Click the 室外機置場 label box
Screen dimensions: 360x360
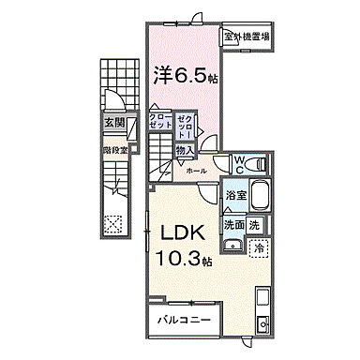click(x=246, y=37)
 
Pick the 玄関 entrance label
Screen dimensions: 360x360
click(x=112, y=122)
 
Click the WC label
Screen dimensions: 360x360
click(x=240, y=164)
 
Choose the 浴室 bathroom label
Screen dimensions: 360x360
click(x=235, y=196)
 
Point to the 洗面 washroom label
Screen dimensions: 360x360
click(x=234, y=226)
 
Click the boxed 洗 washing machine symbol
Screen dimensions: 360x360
click(x=255, y=226)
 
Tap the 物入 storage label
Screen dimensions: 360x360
click(x=185, y=150)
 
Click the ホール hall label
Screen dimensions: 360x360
click(x=197, y=172)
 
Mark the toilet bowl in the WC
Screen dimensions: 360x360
click(x=260, y=164)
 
